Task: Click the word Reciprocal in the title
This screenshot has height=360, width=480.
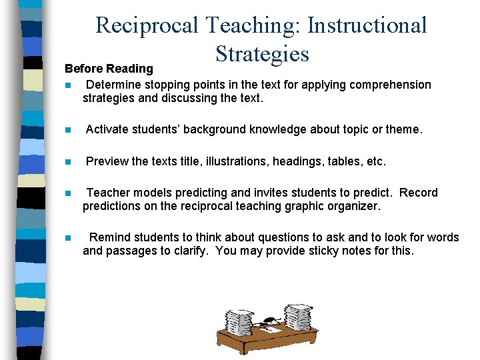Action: pyautogui.click(x=147, y=25)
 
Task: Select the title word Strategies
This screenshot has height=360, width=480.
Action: pyautogui.click(x=262, y=54)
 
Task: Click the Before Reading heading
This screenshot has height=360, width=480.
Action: pyautogui.click(x=109, y=69)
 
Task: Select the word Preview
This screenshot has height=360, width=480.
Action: pyautogui.click(x=107, y=161)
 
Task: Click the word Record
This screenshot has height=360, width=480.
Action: pyautogui.click(x=419, y=193)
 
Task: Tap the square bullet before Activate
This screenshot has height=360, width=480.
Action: pyautogui.click(x=68, y=130)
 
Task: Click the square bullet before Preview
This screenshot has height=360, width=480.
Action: pyautogui.click(x=68, y=162)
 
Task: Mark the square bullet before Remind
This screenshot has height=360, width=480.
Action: pyautogui.click(x=68, y=238)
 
